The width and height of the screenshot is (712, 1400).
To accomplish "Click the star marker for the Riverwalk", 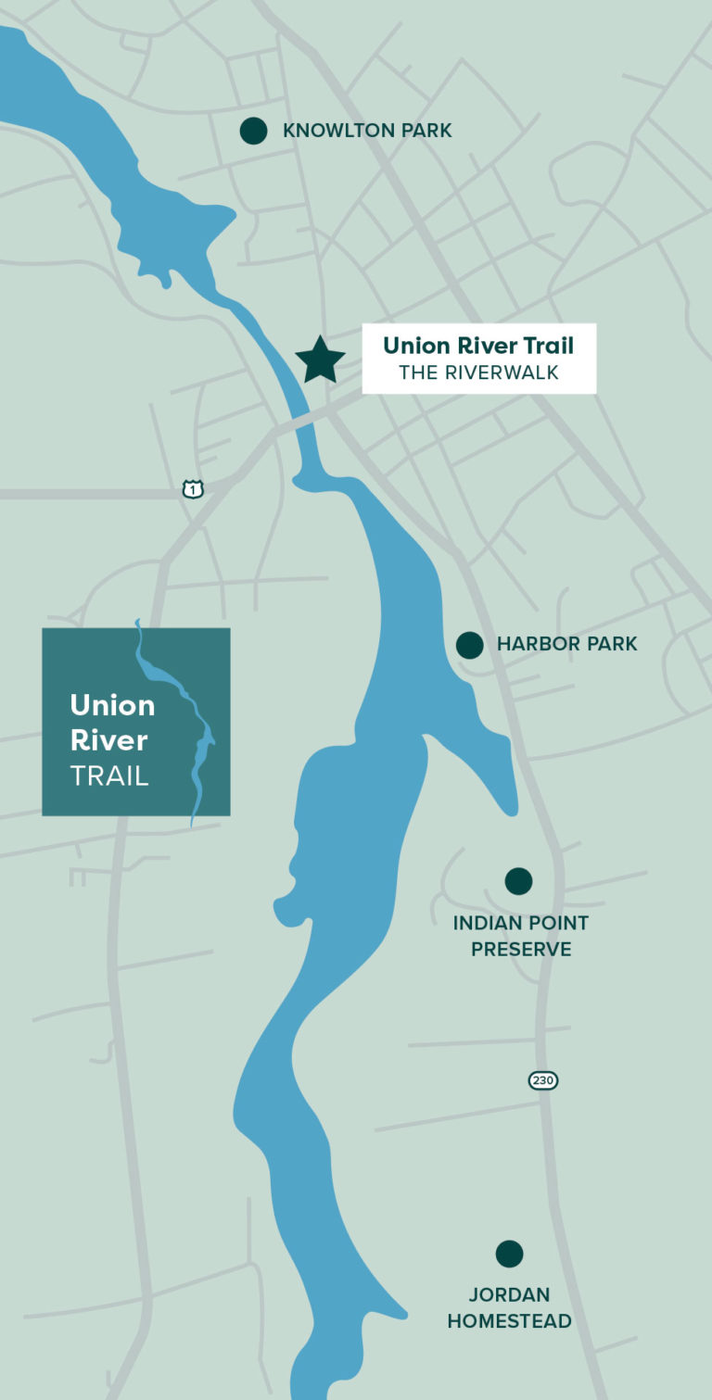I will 320,359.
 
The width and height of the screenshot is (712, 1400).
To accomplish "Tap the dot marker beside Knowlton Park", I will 253,131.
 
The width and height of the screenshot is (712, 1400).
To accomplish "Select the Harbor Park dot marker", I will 470,645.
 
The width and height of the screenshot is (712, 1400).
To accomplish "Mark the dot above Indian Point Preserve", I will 518,881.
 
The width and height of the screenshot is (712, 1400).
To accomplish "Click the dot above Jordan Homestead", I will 509,1254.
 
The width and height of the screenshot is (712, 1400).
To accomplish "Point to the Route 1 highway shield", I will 193,488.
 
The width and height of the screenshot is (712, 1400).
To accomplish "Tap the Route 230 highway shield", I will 543,1080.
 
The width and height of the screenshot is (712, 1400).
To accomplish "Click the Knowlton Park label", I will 367,131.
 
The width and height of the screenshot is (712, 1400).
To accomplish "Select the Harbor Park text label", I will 566,644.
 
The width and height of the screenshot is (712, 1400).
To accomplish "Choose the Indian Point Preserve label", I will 520,936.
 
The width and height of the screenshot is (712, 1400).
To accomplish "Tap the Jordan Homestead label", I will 509,1307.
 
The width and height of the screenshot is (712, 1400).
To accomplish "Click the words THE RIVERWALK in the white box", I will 479,372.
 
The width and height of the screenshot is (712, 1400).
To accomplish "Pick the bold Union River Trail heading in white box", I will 478,346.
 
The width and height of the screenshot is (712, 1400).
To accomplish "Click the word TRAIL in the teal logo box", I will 109,776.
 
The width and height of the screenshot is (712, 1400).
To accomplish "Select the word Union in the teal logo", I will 112,705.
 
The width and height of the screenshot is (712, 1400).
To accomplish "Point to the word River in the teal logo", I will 108,740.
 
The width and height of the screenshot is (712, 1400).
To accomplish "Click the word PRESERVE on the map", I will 521,950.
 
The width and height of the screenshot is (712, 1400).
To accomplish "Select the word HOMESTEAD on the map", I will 509,1321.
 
